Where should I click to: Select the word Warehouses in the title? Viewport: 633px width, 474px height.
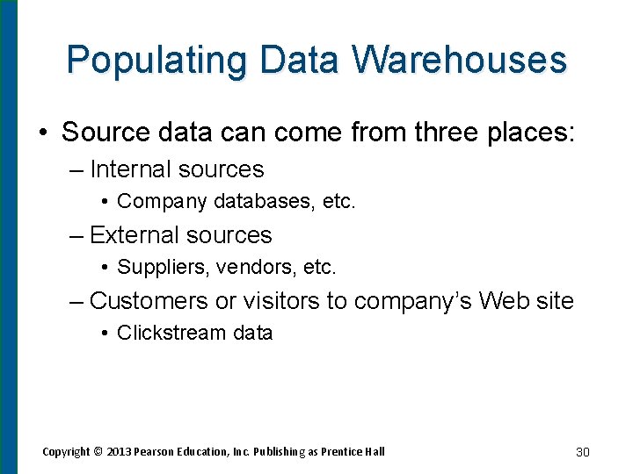click(460, 60)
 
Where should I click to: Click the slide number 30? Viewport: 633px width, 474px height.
click(582, 452)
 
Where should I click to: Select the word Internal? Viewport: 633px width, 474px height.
click(134, 169)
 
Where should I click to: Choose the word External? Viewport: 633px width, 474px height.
click(136, 235)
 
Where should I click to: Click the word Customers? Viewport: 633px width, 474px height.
click(149, 301)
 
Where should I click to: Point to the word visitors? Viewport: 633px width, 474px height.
click(281, 301)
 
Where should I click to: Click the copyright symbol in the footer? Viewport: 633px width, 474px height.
click(98, 452)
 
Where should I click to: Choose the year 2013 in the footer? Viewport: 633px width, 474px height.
click(119, 452)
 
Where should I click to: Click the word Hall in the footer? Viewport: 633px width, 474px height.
click(374, 452)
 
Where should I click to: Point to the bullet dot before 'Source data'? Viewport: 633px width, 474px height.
click(42, 133)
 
